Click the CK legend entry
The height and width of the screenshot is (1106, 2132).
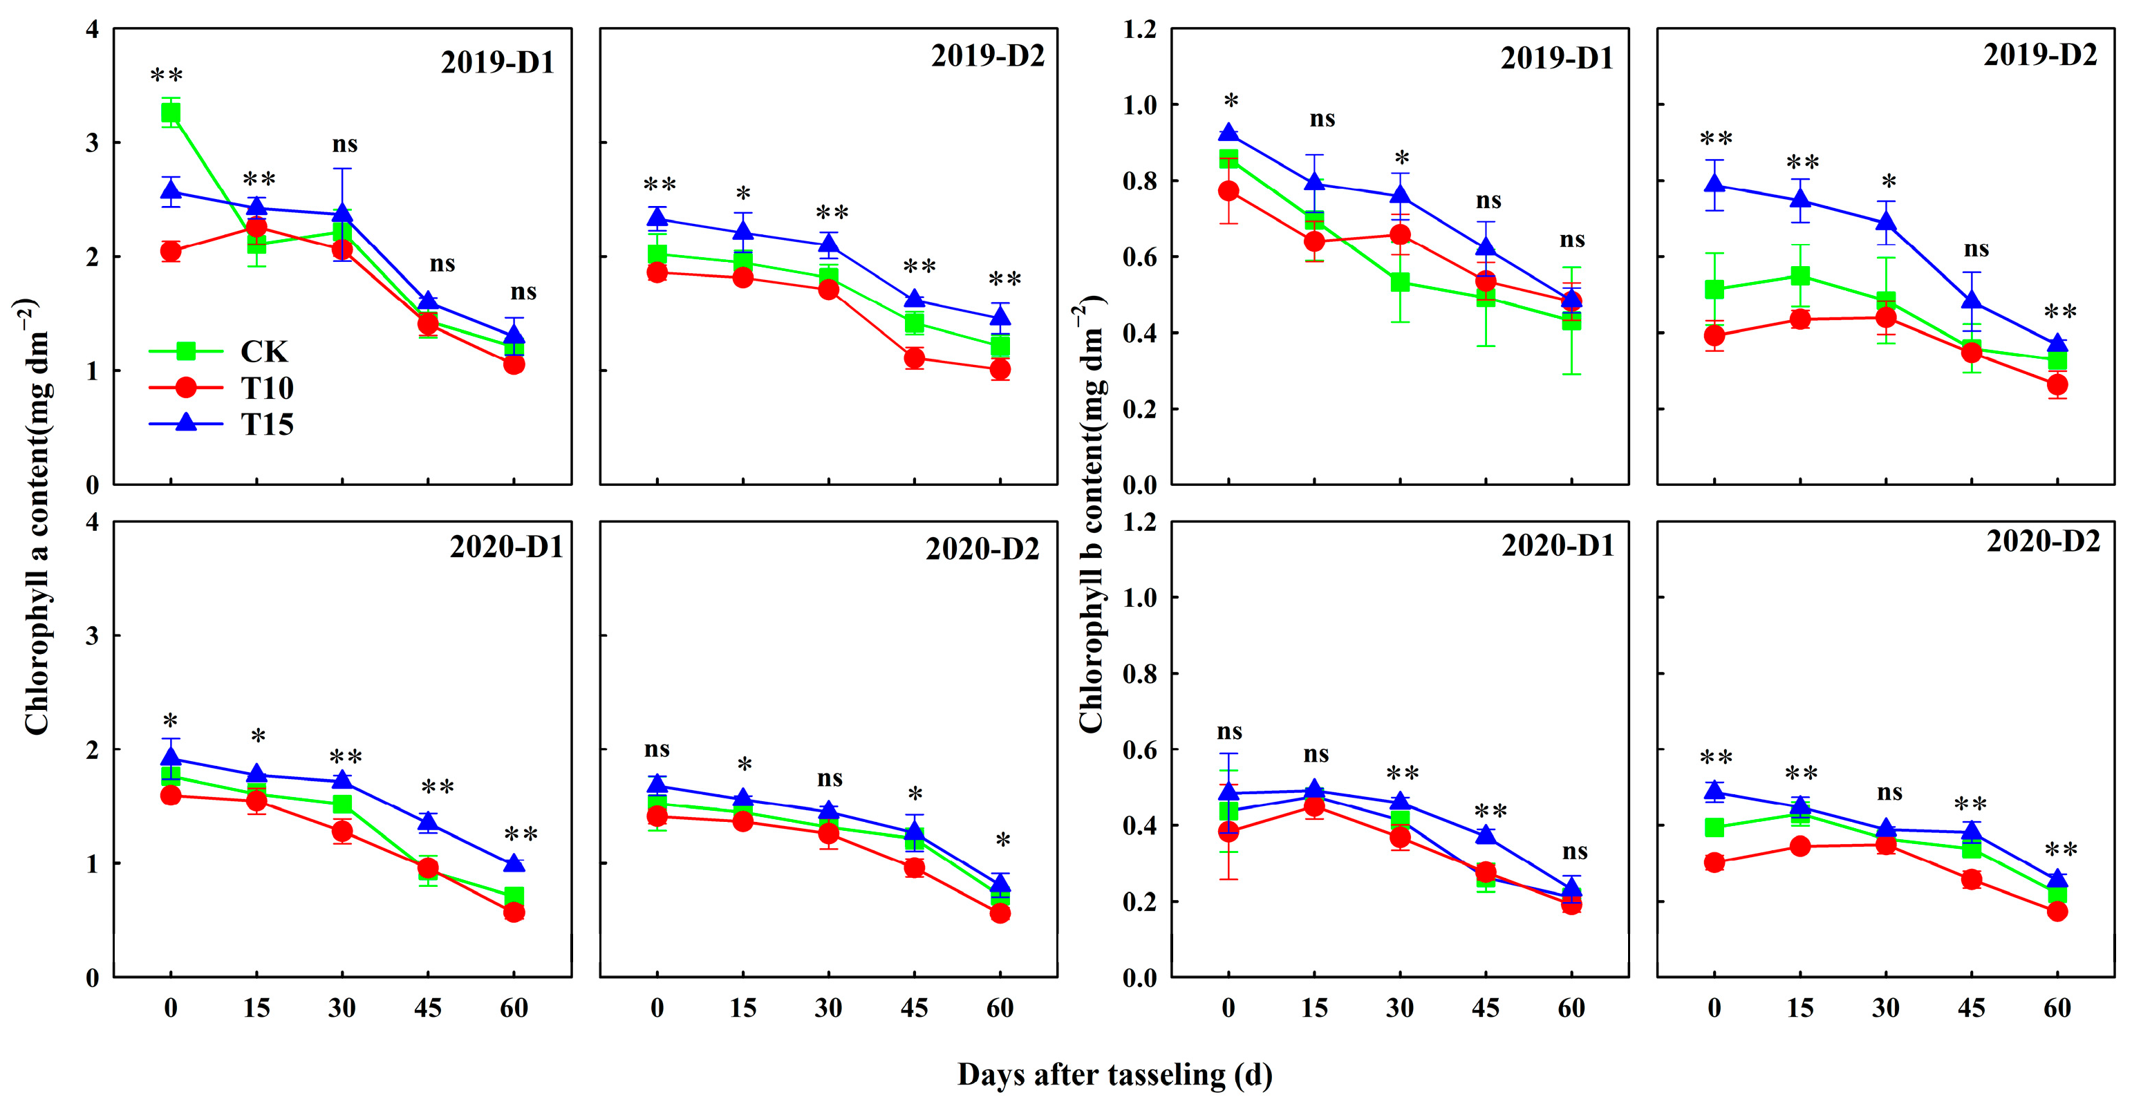tap(263, 352)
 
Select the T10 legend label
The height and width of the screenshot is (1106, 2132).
tap(267, 388)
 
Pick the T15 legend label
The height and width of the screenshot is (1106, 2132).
tap(267, 424)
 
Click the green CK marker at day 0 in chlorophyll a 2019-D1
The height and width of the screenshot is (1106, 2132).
tap(171, 113)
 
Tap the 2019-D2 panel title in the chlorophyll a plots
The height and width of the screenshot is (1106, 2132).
tap(987, 56)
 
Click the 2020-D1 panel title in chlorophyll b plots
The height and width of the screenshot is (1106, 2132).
tap(1558, 545)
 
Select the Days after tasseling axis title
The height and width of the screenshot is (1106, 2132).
tap(1114, 1074)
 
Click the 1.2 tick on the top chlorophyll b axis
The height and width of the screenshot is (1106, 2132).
tap(1140, 30)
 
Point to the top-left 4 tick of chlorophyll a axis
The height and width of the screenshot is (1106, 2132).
tap(92, 30)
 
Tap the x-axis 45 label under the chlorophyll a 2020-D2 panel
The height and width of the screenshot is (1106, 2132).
tap(914, 1009)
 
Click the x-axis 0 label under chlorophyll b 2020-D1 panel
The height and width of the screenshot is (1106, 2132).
tap(1228, 1009)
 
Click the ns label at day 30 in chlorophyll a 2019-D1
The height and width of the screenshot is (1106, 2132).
tap(345, 145)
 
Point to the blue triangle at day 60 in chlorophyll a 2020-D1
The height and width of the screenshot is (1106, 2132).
tap(513, 863)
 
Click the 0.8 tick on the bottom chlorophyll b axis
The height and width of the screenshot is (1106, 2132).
tap(1140, 674)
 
